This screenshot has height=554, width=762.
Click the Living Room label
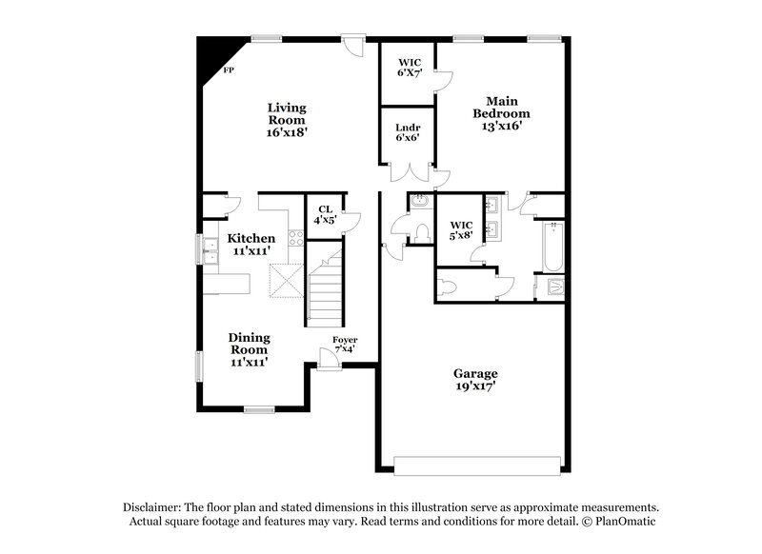tap(286, 120)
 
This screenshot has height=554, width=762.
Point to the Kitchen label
tap(251, 244)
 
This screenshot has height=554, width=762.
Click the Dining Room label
tap(249, 348)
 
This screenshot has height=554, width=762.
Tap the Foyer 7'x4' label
tap(345, 344)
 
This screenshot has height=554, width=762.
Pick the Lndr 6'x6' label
tap(408, 133)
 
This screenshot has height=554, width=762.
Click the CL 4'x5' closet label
tap(325, 215)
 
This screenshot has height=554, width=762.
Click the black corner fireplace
tap(208, 56)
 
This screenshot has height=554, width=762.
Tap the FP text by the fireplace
tap(228, 71)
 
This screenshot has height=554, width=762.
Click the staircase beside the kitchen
tap(324, 286)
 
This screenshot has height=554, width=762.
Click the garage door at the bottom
tap(476, 465)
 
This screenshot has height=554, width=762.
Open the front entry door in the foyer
tap(329, 359)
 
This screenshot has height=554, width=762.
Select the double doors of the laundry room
tap(408, 171)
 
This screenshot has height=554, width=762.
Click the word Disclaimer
tap(153, 507)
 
